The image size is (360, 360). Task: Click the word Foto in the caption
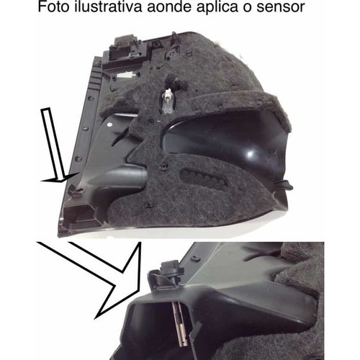54,7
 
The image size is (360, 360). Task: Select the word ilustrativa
108,7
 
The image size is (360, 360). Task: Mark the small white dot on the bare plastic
109,125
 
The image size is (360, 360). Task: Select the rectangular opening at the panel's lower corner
78,215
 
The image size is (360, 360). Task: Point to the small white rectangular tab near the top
126,76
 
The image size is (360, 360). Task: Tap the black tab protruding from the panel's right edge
284,184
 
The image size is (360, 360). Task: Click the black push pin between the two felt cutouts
165,166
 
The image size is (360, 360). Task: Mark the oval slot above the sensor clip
196,258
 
